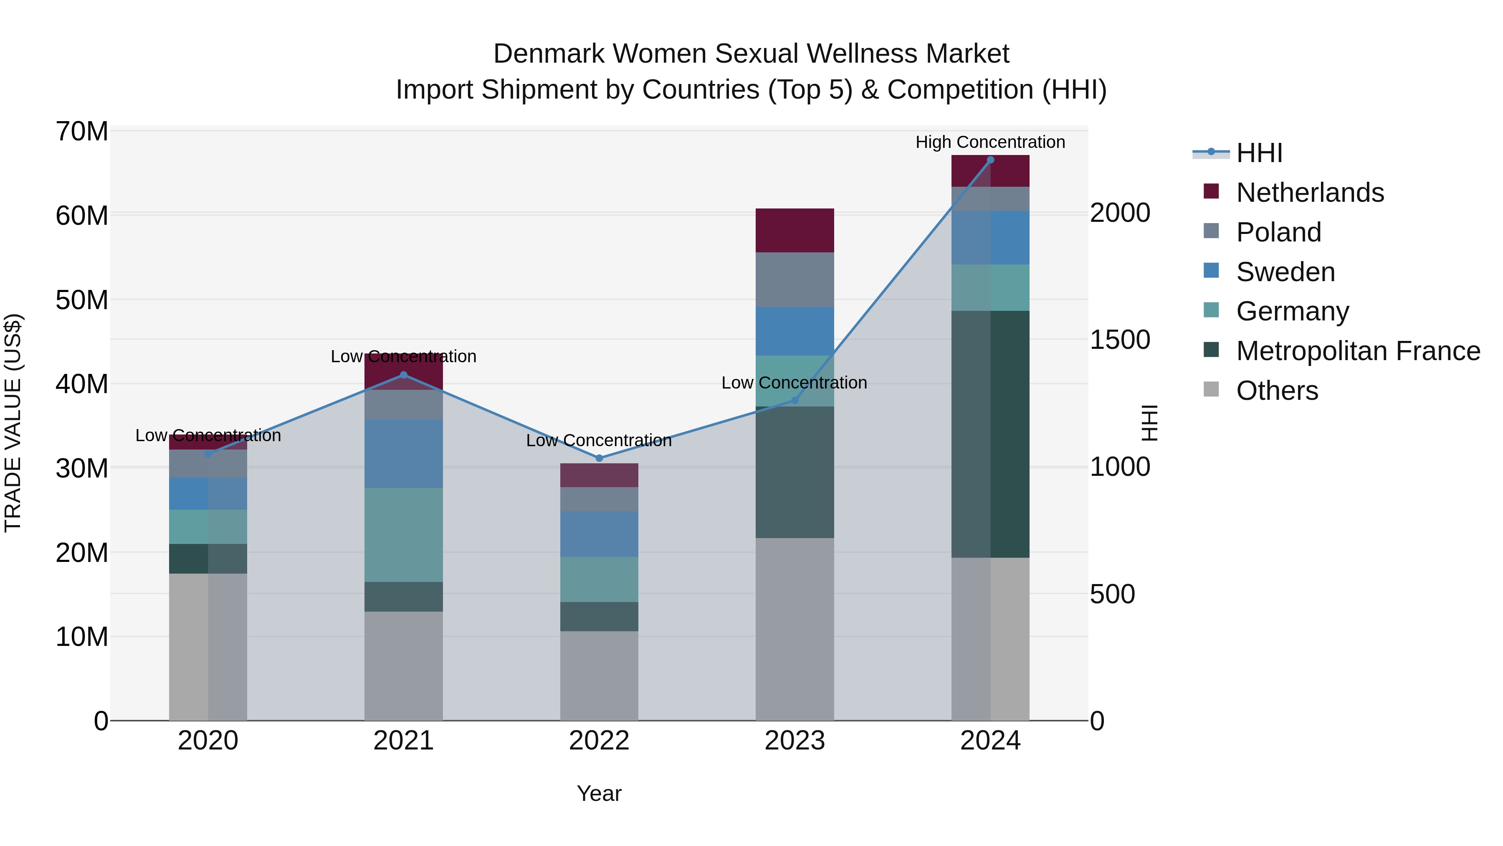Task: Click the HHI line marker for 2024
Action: tap(990, 160)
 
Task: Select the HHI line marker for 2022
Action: tap(599, 458)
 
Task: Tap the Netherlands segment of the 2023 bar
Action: tap(795, 230)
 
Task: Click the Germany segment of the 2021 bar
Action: tap(404, 534)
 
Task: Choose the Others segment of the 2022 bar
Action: tap(599, 676)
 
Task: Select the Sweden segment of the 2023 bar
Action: tap(795, 331)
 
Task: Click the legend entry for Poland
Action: tap(1278, 232)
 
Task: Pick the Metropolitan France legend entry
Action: tap(1357, 351)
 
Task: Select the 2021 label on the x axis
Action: tap(404, 741)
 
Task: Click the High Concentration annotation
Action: tap(990, 142)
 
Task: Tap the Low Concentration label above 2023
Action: tap(794, 383)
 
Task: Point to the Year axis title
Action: tap(599, 793)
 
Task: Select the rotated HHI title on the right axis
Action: tap(1149, 423)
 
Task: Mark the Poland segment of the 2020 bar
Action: tap(208, 464)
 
